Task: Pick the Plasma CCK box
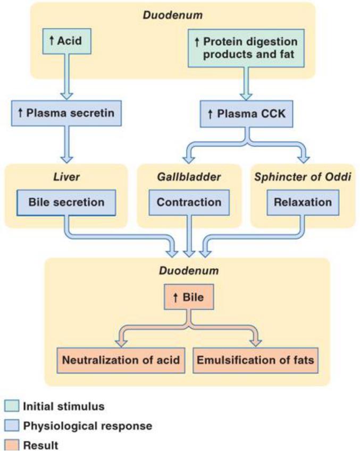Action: [246, 113]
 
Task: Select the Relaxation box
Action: [303, 202]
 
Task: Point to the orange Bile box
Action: [188, 297]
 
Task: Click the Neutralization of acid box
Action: [120, 360]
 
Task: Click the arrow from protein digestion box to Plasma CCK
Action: [246, 82]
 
